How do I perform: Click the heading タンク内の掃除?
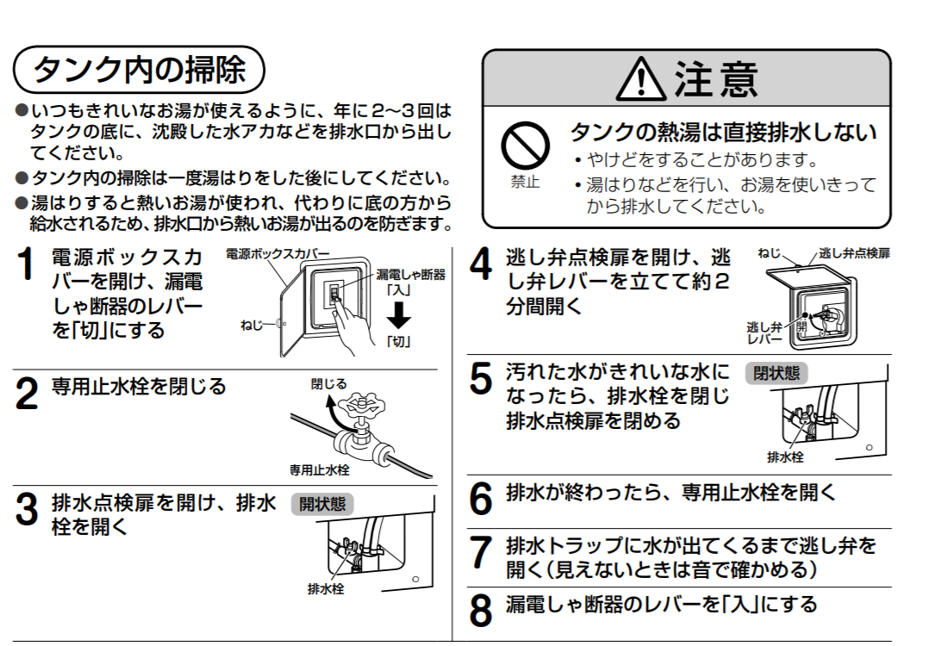(139, 70)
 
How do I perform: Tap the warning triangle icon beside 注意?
(641, 79)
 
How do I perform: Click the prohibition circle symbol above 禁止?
(525, 146)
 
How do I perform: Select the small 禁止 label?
(525, 181)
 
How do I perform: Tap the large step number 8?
(481, 611)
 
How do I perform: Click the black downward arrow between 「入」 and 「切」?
(399, 314)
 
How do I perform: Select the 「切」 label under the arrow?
(399, 342)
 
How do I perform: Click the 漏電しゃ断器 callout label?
(411, 275)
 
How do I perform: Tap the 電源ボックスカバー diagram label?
(277, 253)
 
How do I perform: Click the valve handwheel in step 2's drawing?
(362, 407)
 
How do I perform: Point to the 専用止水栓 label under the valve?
(320, 469)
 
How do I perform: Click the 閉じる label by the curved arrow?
(328, 384)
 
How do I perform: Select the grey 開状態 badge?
(322, 504)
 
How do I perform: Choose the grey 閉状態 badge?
(776, 373)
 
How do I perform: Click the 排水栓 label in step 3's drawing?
(326, 588)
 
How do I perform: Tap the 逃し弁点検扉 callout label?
(854, 253)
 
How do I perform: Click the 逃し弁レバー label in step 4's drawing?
(764, 333)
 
